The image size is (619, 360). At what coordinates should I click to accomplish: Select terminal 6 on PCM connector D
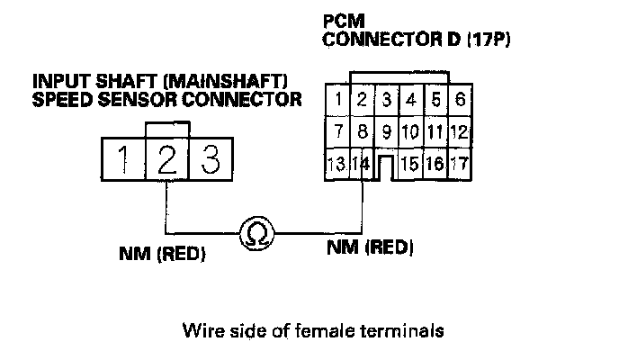[460, 100]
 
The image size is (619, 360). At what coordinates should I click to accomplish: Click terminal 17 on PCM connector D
[460, 165]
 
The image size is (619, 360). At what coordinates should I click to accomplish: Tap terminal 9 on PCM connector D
[387, 132]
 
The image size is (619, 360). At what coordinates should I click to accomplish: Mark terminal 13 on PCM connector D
[338, 165]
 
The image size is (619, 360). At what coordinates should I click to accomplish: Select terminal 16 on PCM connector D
[435, 165]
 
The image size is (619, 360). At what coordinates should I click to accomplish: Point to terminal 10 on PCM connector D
[409, 132]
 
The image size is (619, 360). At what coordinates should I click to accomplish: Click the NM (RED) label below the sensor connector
[163, 254]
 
